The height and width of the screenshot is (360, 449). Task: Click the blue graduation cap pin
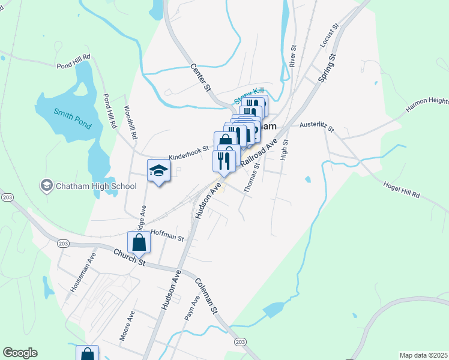click(159, 170)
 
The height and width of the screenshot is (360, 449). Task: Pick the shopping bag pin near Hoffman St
click(139, 243)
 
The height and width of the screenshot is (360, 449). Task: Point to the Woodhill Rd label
click(131, 123)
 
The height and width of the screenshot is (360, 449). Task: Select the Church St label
click(130, 259)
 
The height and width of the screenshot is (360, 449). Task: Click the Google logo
click(19, 353)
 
